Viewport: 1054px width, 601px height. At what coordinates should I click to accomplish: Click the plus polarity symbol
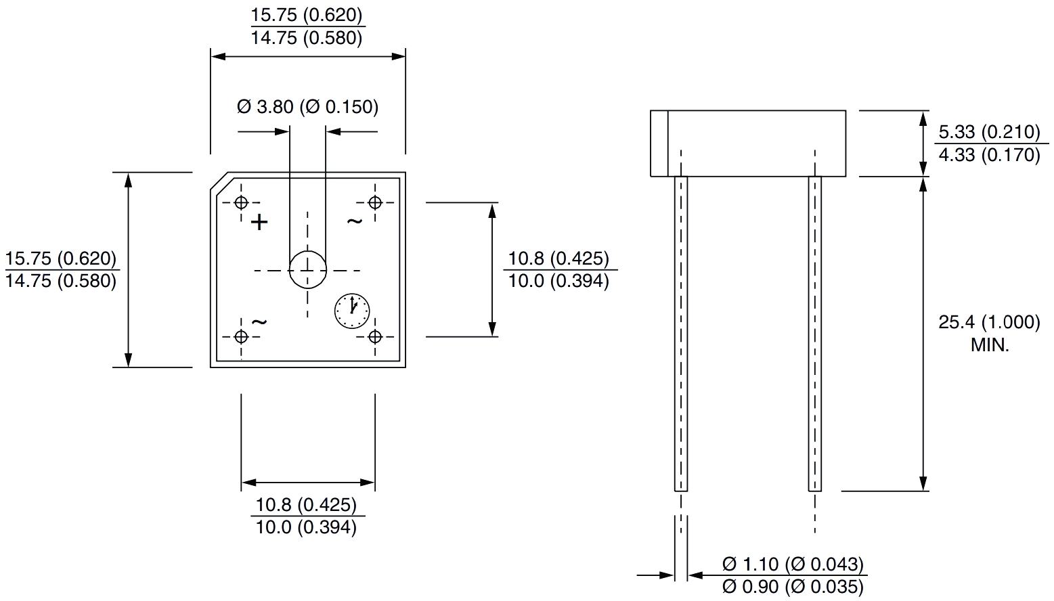(259, 222)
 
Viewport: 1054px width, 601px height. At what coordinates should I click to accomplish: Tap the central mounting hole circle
(308, 270)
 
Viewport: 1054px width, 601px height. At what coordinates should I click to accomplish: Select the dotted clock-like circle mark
(352, 311)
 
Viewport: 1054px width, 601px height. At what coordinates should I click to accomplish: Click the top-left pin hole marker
(242, 202)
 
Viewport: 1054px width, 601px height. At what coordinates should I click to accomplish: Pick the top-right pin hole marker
(375, 202)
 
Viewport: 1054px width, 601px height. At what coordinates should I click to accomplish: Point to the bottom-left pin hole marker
(242, 336)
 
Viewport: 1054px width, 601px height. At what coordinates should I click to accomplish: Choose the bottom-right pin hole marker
(375, 336)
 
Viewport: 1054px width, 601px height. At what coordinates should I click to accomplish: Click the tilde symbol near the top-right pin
(355, 221)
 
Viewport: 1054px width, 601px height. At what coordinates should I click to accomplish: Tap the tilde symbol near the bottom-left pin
(259, 321)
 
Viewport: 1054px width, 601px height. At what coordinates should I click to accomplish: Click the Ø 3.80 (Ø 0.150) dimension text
(307, 107)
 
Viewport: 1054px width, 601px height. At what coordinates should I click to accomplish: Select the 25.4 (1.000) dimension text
(989, 322)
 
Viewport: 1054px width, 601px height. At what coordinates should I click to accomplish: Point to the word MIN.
(990, 345)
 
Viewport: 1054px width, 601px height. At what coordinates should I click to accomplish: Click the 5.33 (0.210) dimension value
(989, 131)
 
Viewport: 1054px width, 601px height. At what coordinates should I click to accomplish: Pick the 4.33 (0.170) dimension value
(989, 155)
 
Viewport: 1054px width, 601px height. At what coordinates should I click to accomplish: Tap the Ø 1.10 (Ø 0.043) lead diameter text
(793, 564)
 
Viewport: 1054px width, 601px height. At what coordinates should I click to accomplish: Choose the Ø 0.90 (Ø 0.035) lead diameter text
(793, 586)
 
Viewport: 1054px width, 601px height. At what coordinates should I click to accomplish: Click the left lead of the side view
(680, 332)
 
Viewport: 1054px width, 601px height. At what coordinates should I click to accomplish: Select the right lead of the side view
(814, 332)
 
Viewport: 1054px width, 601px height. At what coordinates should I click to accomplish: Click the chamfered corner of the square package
(219, 181)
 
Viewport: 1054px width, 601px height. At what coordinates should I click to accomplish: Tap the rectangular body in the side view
(748, 143)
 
